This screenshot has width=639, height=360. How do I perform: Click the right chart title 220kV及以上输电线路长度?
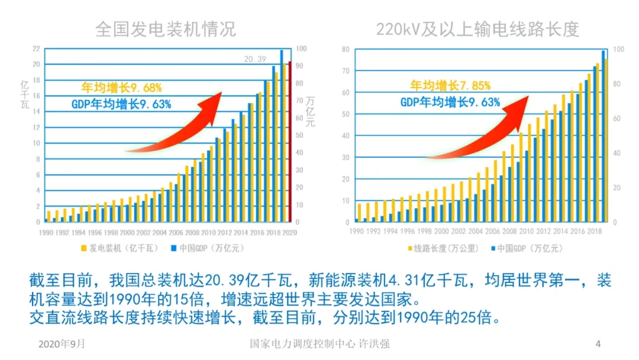tap(477, 28)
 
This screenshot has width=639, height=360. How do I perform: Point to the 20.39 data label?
tap(256, 58)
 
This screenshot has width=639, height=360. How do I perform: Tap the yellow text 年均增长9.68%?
tap(121, 88)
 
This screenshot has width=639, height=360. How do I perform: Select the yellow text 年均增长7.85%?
tap(450, 85)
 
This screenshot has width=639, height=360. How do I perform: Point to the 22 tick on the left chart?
tap(36, 49)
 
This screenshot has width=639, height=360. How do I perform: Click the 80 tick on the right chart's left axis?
tap(346, 49)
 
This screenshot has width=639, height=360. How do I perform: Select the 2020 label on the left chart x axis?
tap(289, 233)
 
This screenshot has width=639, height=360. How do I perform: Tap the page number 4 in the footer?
tap(598, 343)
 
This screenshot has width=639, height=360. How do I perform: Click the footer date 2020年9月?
tap(62, 343)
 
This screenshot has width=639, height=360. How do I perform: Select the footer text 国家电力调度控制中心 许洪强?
tap(319, 343)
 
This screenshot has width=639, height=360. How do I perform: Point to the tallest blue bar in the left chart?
tap(282, 136)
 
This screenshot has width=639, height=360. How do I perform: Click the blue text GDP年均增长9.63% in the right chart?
tap(450, 102)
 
